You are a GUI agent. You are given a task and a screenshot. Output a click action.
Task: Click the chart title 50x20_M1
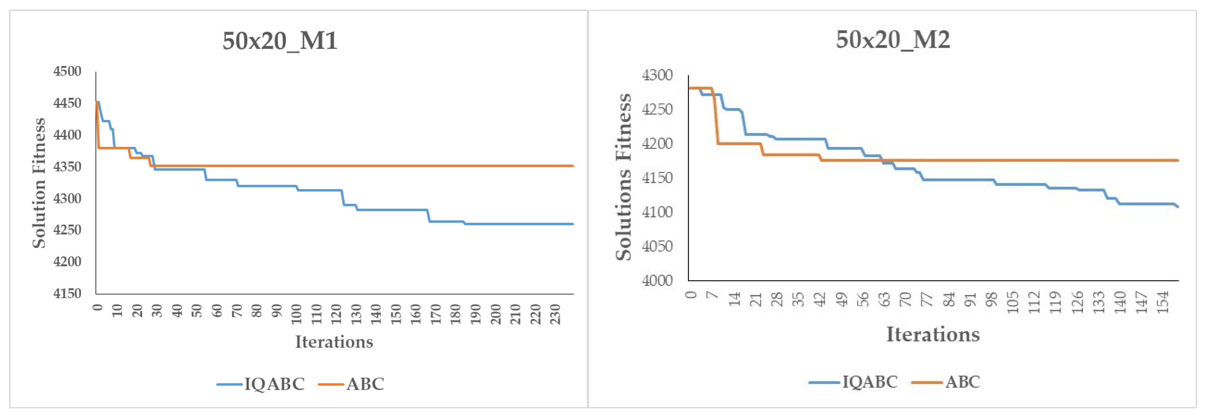click(x=280, y=41)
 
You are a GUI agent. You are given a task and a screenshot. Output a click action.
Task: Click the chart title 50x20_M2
click(x=892, y=39)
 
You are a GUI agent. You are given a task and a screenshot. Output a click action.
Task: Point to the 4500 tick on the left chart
click(x=67, y=71)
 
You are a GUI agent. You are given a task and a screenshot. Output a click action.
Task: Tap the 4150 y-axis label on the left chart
click(x=67, y=293)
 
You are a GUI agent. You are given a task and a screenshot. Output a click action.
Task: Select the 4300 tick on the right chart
click(x=657, y=75)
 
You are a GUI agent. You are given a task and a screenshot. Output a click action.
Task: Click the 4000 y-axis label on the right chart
click(x=657, y=280)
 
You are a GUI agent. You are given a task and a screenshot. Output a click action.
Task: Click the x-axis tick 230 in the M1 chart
click(x=555, y=314)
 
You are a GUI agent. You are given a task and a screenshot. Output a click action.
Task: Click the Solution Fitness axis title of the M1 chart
click(x=39, y=183)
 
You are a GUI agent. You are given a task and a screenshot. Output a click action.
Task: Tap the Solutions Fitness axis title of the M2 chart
click(x=623, y=177)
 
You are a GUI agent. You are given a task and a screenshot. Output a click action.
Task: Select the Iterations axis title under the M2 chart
click(x=933, y=334)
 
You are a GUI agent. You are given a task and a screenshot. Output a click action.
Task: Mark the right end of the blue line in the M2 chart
click(x=1177, y=206)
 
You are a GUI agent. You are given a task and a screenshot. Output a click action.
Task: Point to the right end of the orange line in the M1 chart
click(x=572, y=166)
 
